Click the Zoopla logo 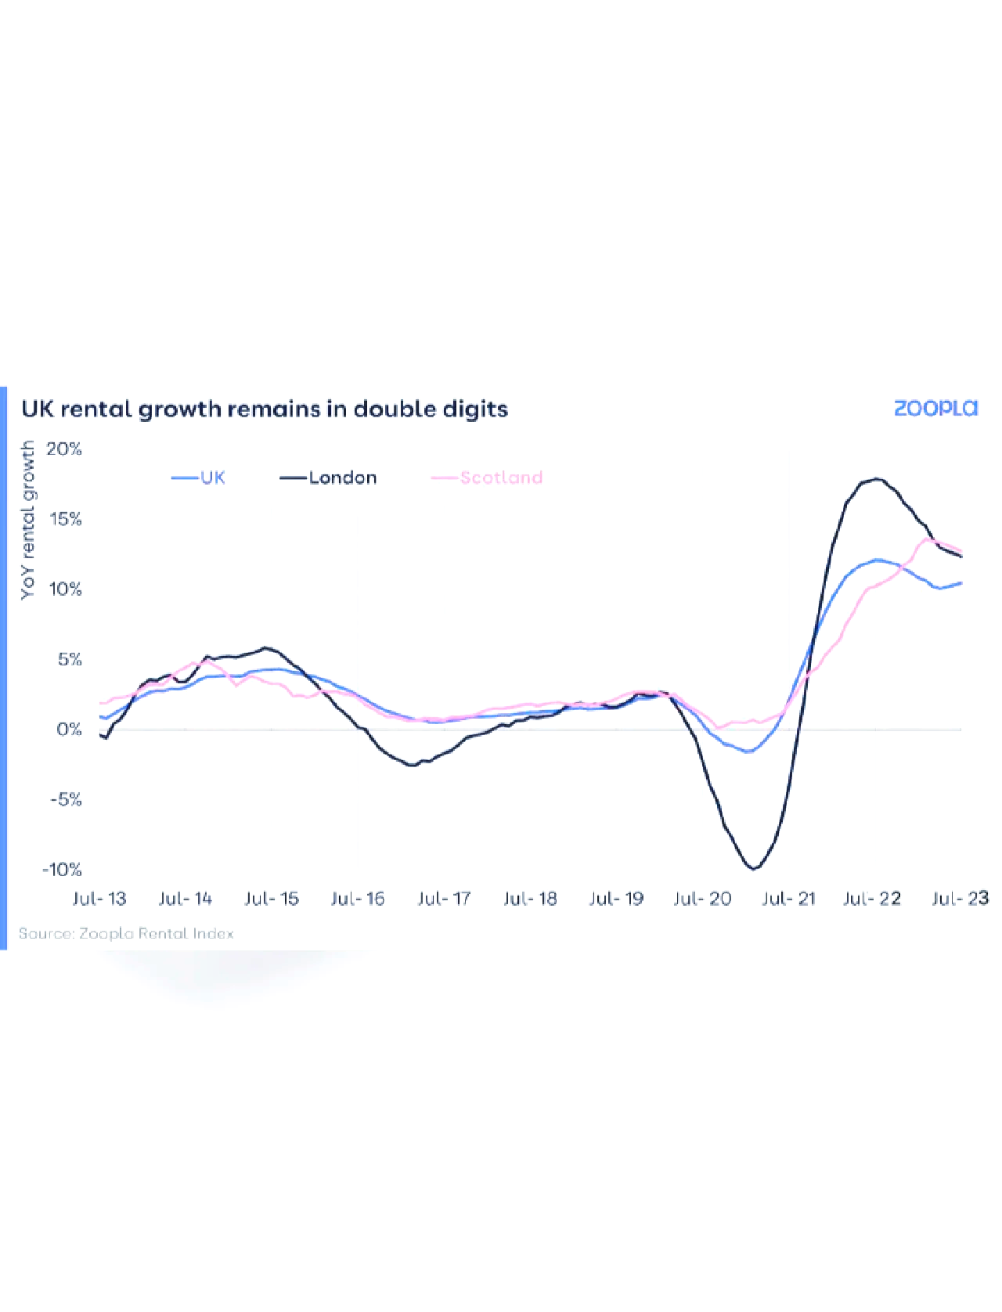[x=935, y=408]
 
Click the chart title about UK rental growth [x=265, y=409]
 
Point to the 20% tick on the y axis [x=64, y=449]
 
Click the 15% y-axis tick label [x=65, y=519]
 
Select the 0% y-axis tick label [x=69, y=730]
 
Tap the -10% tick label [x=62, y=870]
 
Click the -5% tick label [x=65, y=799]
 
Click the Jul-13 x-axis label [x=99, y=899]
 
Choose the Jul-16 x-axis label [x=358, y=899]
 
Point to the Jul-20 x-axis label [x=702, y=899]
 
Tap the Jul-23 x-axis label [x=960, y=899]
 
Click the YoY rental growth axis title [x=28, y=520]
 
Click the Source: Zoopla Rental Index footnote [x=126, y=933]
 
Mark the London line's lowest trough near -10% [x=754, y=868]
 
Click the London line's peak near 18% [x=876, y=479]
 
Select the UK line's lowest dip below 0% [x=748, y=752]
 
